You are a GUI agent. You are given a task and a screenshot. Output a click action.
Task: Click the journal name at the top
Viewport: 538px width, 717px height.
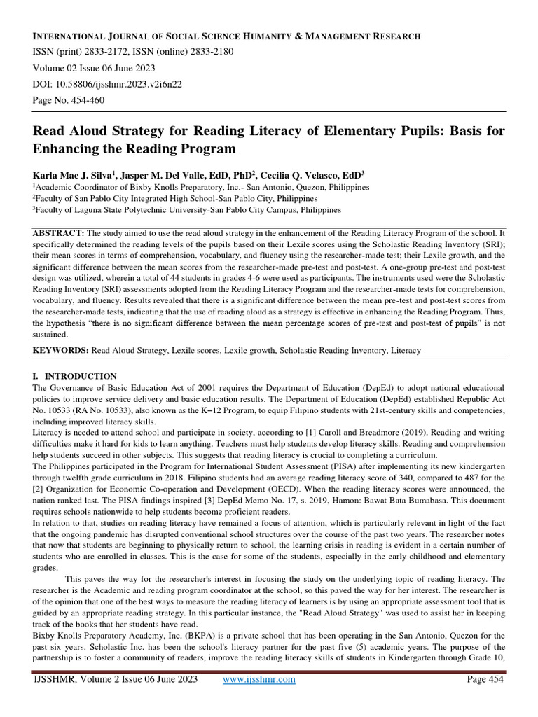coord(227,36)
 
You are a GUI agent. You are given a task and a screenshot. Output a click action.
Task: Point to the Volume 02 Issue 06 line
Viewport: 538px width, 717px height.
coord(95,69)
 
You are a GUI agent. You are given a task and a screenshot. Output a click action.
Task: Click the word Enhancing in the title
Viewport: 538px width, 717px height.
coord(70,149)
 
